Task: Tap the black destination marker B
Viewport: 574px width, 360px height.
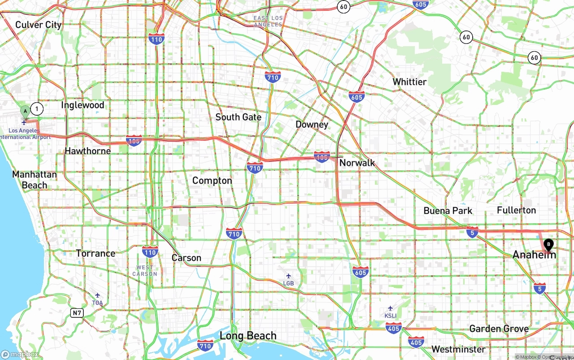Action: click(x=548, y=245)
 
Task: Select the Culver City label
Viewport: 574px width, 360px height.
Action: click(x=38, y=25)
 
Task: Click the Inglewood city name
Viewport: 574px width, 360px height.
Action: click(x=83, y=105)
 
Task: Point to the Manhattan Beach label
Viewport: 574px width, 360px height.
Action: click(x=35, y=180)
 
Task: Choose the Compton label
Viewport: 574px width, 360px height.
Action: click(x=212, y=181)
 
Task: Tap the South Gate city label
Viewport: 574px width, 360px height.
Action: click(x=238, y=117)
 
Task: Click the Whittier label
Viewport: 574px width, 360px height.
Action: click(x=409, y=82)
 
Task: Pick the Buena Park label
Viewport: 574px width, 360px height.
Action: click(x=448, y=211)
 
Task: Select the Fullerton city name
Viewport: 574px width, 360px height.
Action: click(x=516, y=210)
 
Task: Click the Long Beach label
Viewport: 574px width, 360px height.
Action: click(x=248, y=336)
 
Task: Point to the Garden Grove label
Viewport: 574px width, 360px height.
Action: click(x=499, y=329)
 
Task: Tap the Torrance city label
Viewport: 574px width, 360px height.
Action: click(x=96, y=253)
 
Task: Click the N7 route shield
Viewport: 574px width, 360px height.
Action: click(x=77, y=312)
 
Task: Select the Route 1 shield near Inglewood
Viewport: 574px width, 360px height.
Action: click(x=37, y=108)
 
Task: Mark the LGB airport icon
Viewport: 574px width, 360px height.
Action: click(x=288, y=276)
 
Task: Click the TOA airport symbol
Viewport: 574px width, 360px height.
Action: click(x=97, y=295)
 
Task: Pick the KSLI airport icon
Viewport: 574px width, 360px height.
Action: click(x=390, y=308)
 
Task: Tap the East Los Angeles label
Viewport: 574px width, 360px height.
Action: click(x=268, y=21)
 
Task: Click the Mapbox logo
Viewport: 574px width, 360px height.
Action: click(x=20, y=355)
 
